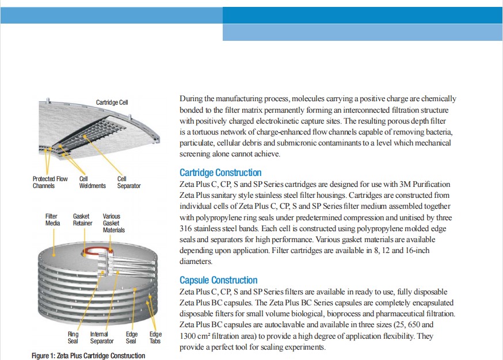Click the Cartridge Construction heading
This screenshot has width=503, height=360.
[220, 173]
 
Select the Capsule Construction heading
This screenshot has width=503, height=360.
[219, 280]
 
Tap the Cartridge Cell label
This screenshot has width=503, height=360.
[112, 102]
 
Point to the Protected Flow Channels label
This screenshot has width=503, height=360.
[50, 182]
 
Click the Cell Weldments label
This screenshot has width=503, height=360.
[93, 182]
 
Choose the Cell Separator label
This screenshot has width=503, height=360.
[129, 182]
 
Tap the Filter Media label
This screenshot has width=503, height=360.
[52, 220]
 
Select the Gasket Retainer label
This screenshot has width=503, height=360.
[82, 220]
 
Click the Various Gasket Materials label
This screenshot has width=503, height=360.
[113, 223]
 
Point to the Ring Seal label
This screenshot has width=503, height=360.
[73, 338]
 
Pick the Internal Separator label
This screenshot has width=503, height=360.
[102, 338]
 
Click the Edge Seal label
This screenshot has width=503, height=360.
[132, 338]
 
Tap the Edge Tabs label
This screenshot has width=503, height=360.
[155, 338]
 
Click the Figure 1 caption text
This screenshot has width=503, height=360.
[88, 355]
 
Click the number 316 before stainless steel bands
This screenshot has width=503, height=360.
[185, 228]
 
